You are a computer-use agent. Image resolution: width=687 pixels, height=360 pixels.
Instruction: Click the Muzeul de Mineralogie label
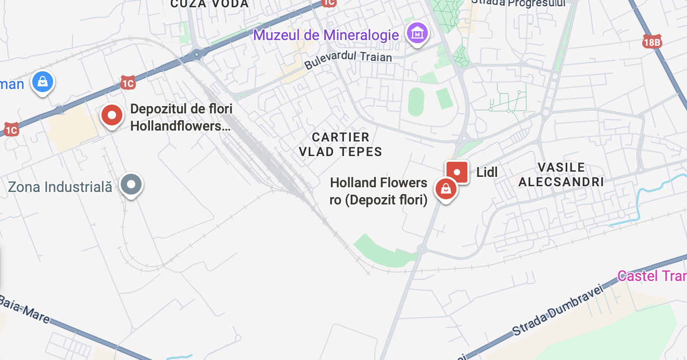click(x=326, y=35)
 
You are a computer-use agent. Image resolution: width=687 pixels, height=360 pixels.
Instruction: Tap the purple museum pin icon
click(x=417, y=34)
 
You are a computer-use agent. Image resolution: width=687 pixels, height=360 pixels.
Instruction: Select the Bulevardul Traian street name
click(x=348, y=59)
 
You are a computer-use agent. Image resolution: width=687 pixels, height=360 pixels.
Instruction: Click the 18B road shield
click(x=652, y=43)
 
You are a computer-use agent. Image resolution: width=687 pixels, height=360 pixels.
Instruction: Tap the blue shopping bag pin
click(x=43, y=82)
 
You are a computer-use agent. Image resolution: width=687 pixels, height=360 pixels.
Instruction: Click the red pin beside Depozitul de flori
click(x=111, y=115)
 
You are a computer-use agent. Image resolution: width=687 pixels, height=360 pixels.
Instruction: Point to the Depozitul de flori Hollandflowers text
click(x=181, y=118)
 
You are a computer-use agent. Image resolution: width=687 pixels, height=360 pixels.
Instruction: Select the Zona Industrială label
click(x=60, y=187)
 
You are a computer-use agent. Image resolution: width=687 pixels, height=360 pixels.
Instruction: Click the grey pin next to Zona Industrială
click(x=131, y=185)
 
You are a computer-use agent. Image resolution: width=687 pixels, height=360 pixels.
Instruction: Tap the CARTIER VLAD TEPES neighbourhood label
click(x=340, y=145)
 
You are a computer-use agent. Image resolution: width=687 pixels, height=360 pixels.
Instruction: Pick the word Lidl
click(x=487, y=172)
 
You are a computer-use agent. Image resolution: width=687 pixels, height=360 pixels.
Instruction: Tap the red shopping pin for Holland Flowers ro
click(x=446, y=189)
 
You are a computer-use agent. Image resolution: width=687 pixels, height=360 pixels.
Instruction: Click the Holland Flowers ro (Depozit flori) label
click(x=379, y=191)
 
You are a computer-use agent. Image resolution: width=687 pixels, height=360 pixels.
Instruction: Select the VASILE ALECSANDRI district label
click(x=561, y=175)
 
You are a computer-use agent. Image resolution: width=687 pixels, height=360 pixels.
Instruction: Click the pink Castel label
click(x=652, y=276)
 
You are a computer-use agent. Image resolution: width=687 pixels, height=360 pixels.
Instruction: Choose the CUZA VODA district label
click(x=210, y=4)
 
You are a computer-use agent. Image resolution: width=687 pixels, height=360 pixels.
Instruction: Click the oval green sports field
click(x=416, y=102)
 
